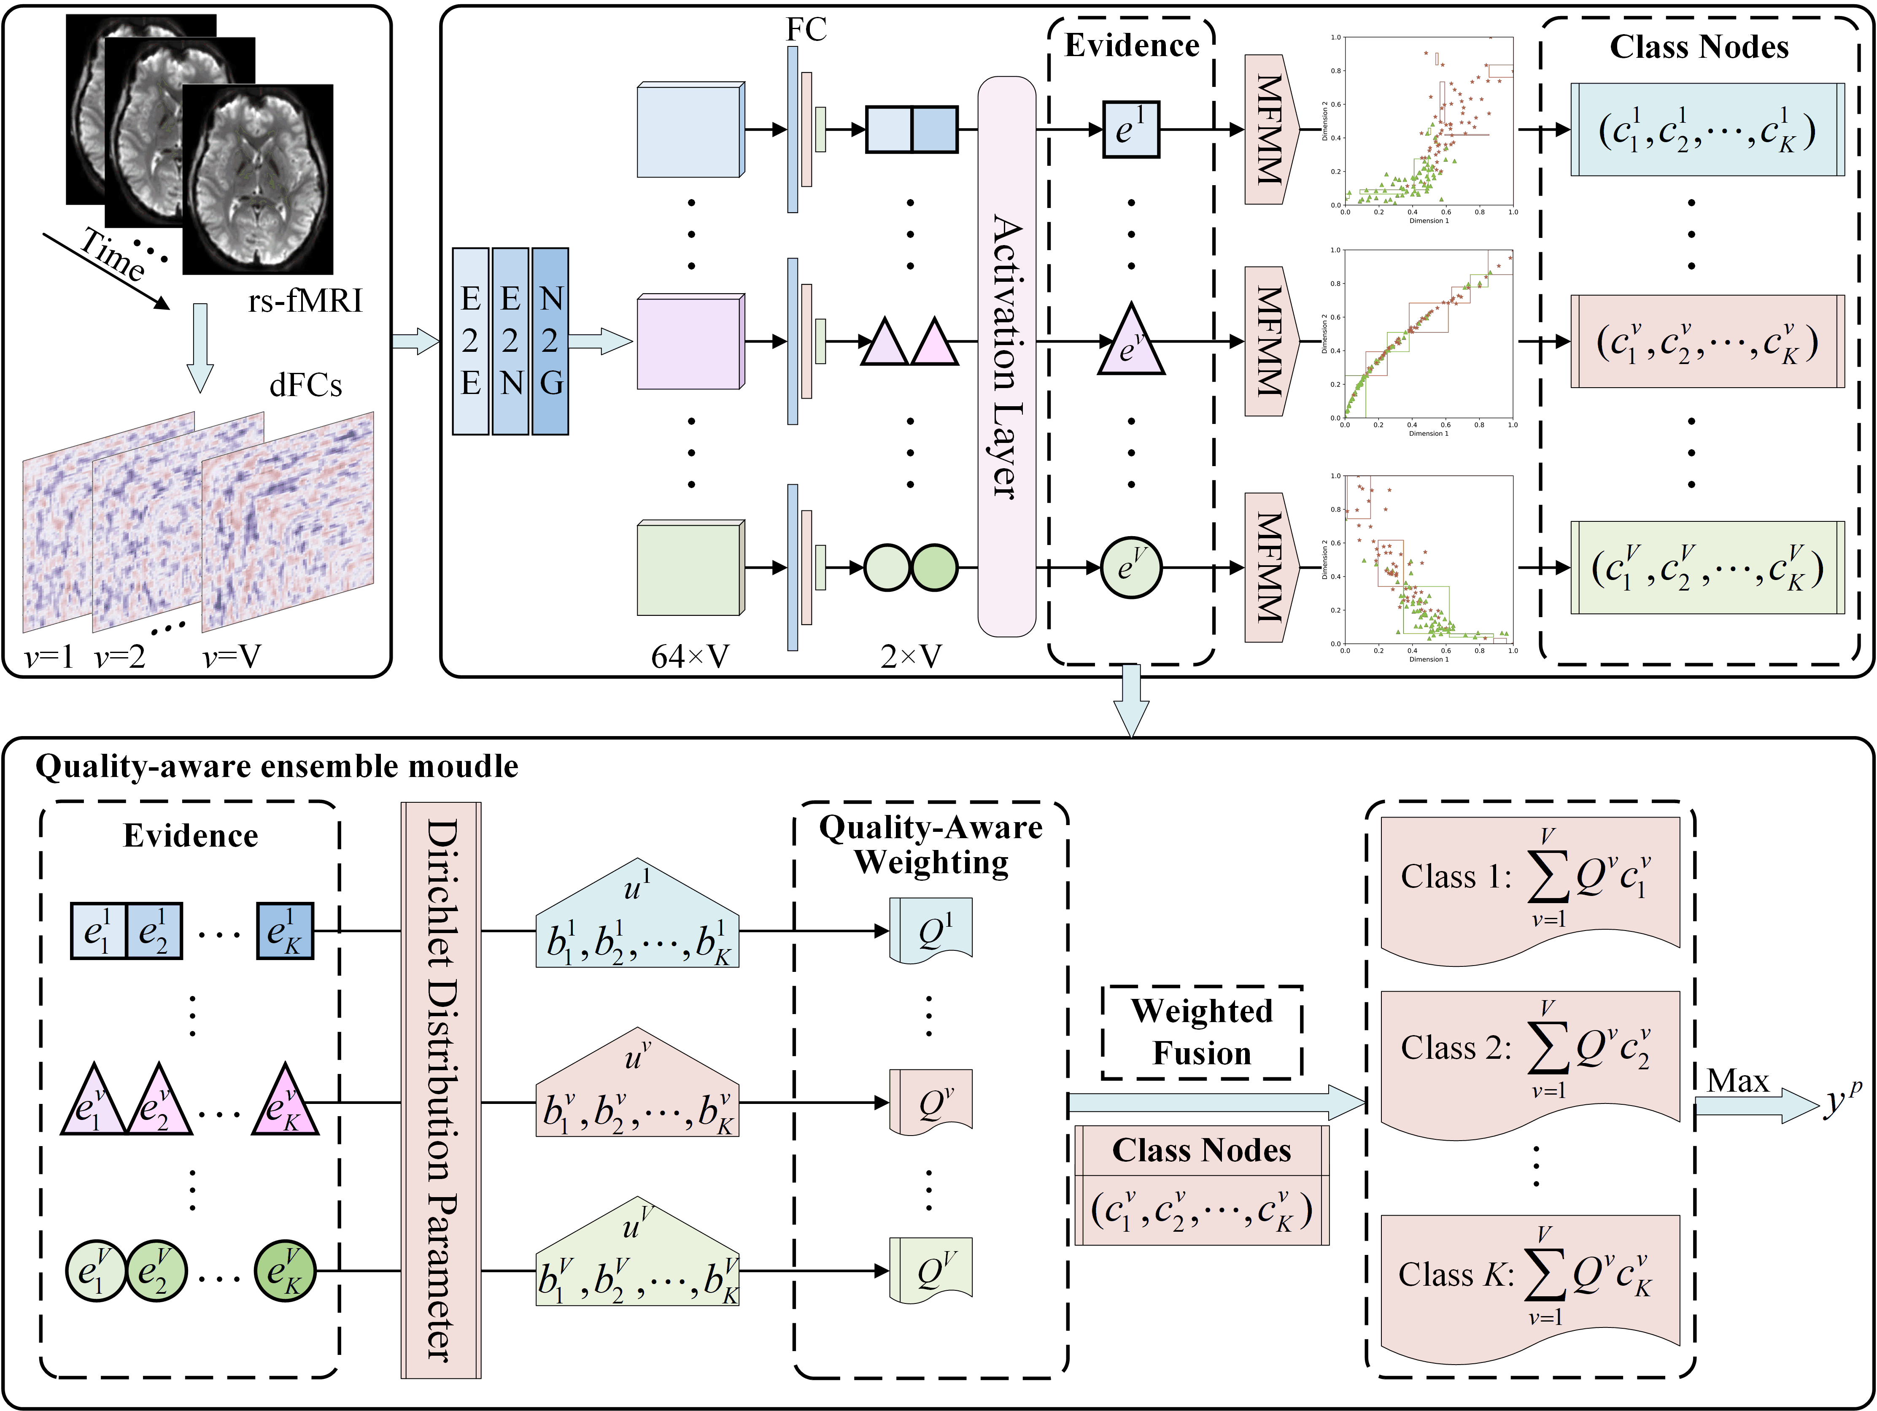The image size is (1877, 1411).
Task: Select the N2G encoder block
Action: (550, 341)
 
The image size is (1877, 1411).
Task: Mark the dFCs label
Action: (305, 386)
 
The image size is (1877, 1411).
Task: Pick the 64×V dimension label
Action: (690, 656)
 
